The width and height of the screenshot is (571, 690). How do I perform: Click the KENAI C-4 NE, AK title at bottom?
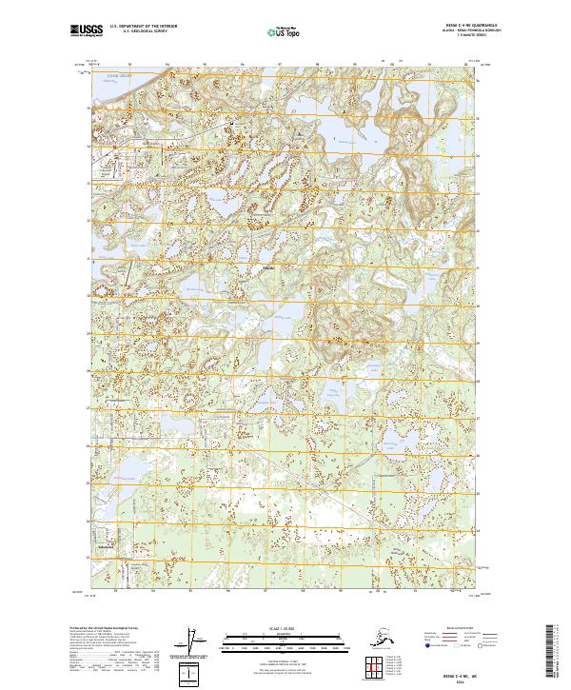(x=465, y=672)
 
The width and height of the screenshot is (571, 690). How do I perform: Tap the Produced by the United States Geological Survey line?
(x=105, y=628)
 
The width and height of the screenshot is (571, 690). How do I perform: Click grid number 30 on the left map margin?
(x=89, y=296)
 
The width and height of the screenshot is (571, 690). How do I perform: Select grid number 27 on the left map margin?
(x=89, y=408)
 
